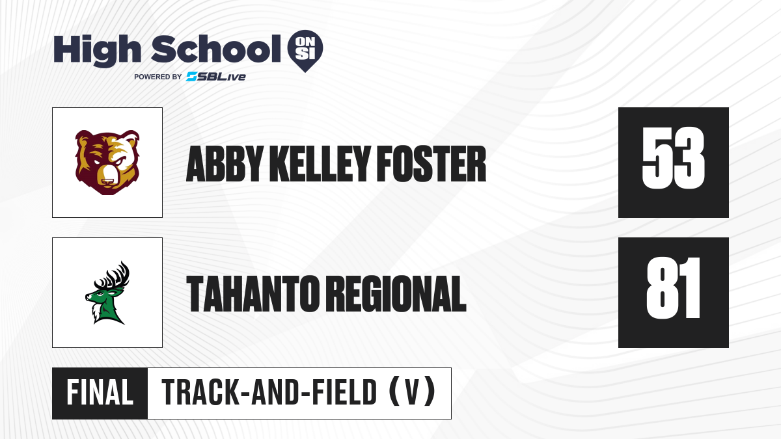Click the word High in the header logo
pos(97,50)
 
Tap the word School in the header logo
pos(216,49)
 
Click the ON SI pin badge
pos(305,51)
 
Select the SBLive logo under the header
pos(216,77)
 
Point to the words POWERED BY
pos(158,77)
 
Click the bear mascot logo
pos(107,163)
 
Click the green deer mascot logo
pos(107,293)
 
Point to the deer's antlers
pos(112,276)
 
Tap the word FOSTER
pos(432,164)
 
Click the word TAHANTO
pos(253,293)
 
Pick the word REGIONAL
pos(398,293)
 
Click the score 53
pos(673,158)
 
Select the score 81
pos(673,288)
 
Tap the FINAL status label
pos(100,392)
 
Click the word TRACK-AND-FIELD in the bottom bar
pos(269,392)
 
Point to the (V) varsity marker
pos(412,392)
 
